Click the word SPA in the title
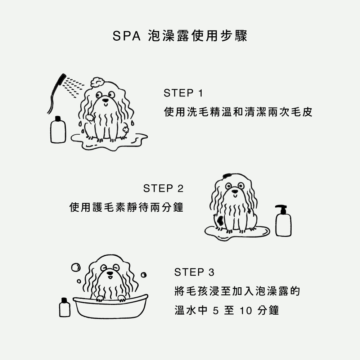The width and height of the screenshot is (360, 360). point(126,36)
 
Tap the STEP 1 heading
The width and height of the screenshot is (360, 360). point(184,93)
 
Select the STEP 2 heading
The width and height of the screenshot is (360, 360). point(163,189)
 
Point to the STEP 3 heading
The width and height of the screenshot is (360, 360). point(194,272)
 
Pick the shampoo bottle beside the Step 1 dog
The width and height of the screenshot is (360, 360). point(58,130)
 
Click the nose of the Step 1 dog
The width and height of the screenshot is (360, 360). point(105,100)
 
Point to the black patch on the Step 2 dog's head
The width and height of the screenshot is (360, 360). point(227,176)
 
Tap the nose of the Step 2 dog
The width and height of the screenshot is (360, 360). point(235,191)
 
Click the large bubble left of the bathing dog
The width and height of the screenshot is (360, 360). point(76,267)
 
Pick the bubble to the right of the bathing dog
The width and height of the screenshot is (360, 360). point(144,275)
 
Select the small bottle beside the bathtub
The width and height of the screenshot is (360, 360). point(65,307)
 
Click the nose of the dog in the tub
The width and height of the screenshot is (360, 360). point(110,273)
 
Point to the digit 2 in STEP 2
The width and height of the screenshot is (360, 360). point(180,189)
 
